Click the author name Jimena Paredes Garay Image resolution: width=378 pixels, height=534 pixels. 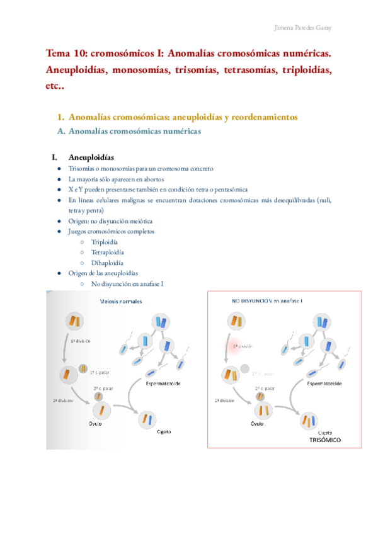[306, 28]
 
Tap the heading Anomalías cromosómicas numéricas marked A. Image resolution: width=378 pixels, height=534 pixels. [134, 132]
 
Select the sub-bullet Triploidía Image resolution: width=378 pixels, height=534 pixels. [105, 242]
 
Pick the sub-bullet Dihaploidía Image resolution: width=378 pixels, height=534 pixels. [107, 263]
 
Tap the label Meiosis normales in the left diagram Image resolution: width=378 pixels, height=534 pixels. [121, 301]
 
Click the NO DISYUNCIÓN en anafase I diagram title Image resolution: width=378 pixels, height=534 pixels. [267, 300]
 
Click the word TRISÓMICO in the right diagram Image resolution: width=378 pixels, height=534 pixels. [325, 440]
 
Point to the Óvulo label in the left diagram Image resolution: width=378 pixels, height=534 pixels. [96, 423]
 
